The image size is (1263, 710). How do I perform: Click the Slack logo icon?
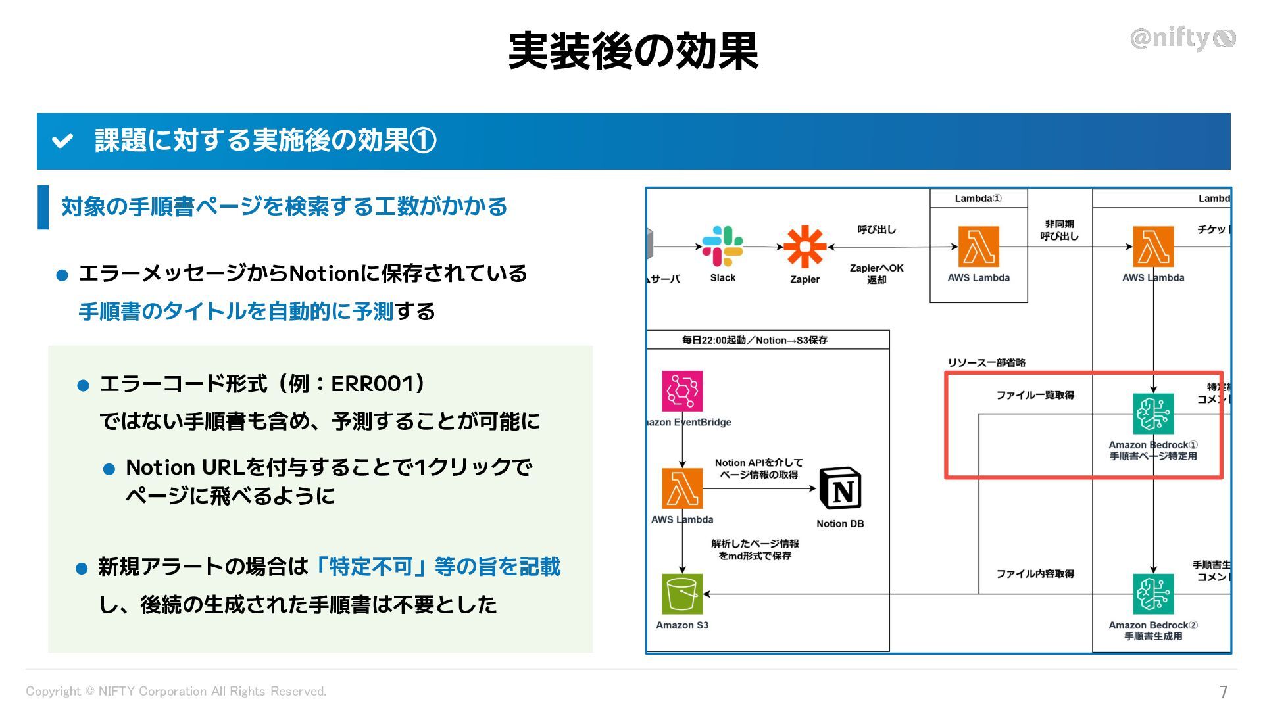click(722, 247)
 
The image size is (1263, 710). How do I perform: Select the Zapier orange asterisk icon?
click(805, 247)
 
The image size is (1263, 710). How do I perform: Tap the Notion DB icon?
click(840, 488)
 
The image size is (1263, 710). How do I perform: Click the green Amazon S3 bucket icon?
click(682, 594)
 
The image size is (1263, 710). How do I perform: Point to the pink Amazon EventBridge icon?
click(682, 391)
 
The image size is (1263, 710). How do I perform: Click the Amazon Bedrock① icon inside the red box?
click(1153, 414)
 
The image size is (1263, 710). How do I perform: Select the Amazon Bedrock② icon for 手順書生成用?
click(1153, 594)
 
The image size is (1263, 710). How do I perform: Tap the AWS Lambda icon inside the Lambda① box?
click(978, 247)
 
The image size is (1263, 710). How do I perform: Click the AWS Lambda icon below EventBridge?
click(682, 488)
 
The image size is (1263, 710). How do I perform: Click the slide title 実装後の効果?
click(633, 51)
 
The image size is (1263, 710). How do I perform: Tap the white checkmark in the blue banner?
click(62, 141)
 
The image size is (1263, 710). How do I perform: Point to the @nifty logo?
click(1182, 39)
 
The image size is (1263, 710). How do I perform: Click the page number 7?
click(1223, 692)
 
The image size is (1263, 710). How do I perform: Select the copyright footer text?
click(176, 691)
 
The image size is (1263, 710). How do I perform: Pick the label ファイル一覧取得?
click(1035, 395)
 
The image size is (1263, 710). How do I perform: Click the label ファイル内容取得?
click(1035, 574)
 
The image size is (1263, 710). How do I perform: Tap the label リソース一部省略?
click(986, 362)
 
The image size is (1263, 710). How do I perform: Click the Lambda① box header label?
click(978, 199)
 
